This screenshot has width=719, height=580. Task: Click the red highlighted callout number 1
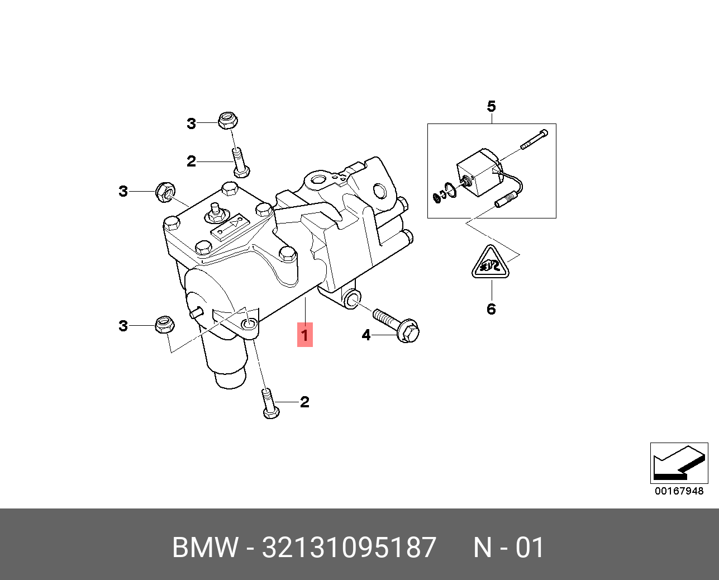tap(304, 335)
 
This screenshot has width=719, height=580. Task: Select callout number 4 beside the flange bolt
tap(366, 335)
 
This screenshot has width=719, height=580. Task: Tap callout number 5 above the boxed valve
tap(491, 106)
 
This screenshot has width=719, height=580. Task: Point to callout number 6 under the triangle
tap(491, 309)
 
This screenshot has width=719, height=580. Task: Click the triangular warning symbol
tap(491, 264)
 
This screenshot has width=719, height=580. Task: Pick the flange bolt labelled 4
tap(398, 326)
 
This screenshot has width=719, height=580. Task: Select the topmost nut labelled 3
tap(227, 120)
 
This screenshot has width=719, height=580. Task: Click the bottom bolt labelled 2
tap(269, 404)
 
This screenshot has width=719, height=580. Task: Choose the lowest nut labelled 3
tap(165, 325)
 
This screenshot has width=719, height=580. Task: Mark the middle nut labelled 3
tap(165, 191)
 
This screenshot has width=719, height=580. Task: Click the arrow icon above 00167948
tap(678, 463)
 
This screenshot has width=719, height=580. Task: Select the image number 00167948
tap(679, 492)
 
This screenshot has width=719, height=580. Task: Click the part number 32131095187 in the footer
tap(349, 548)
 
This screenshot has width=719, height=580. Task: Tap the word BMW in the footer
tap(206, 548)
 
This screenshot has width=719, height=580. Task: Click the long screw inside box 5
tap(534, 139)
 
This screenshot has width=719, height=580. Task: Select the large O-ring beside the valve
tap(451, 189)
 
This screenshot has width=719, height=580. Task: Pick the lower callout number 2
tap(304, 402)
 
